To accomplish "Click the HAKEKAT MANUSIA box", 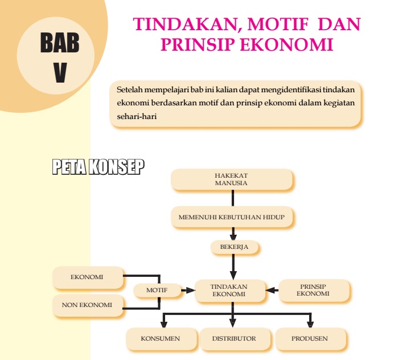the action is [x=231, y=179].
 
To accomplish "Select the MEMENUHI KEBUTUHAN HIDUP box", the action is [x=231, y=217].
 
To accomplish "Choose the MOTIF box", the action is [x=157, y=290].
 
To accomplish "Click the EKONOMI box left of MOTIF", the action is [x=87, y=277].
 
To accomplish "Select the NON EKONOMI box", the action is [x=87, y=305].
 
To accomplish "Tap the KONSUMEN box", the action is [x=160, y=338].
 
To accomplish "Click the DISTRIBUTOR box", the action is [x=233, y=338].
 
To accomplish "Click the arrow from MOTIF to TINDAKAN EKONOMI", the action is [x=187, y=290].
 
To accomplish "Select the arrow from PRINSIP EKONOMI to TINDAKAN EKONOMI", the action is [x=272, y=290].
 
